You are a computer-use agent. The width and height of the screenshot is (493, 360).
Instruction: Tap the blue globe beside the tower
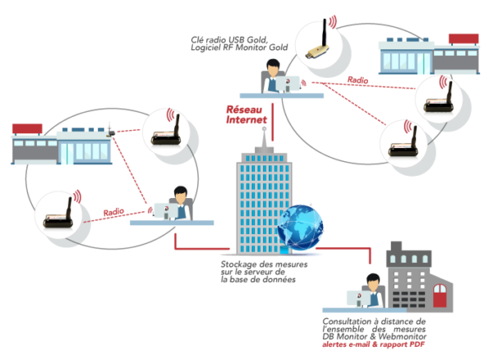300,228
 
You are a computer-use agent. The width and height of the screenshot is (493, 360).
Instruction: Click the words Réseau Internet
246,114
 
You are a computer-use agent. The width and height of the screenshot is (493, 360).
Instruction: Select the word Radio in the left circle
113,212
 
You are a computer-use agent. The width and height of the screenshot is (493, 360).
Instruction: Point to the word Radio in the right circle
357,80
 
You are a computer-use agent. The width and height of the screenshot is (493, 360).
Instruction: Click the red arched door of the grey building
440,296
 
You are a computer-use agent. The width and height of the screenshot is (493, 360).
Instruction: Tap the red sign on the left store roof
27,128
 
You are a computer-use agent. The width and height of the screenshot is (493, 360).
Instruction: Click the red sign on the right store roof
463,39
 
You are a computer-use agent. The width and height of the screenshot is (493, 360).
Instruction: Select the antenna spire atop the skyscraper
265,137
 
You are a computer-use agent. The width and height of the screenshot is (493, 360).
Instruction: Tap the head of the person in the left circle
181,195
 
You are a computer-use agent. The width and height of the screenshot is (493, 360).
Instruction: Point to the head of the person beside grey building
373,282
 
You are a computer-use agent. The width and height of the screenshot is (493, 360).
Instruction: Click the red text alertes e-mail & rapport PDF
374,344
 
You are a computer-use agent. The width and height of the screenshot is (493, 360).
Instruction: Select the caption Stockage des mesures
264,264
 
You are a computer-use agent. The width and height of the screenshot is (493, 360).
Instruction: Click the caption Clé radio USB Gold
229,40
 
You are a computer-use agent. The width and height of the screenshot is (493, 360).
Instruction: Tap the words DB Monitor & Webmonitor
374,336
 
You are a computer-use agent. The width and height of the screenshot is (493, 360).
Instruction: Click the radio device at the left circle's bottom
58,213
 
